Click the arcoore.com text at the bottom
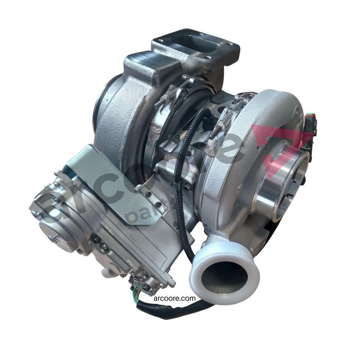(x=174, y=298)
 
